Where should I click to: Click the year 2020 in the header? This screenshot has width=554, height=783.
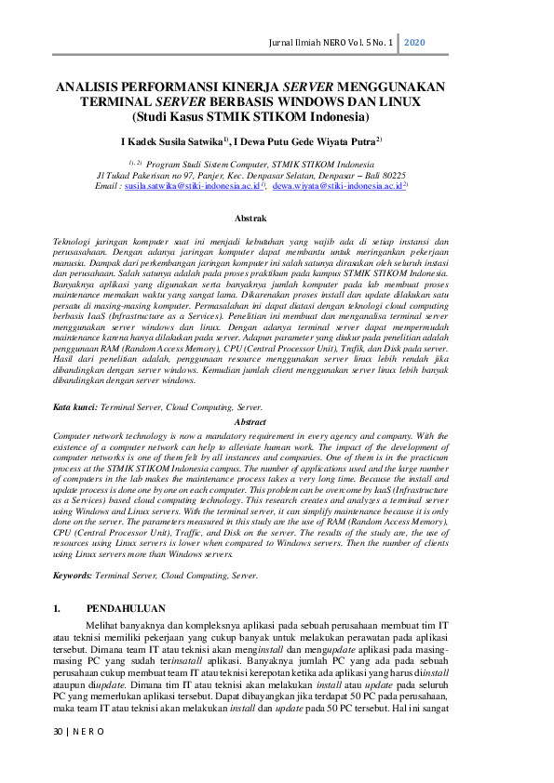click(x=415, y=45)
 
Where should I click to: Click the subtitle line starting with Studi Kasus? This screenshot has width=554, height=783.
click(x=250, y=117)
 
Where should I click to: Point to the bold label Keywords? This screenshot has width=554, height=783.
click(x=72, y=576)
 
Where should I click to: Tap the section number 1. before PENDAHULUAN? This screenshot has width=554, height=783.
click(x=58, y=607)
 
